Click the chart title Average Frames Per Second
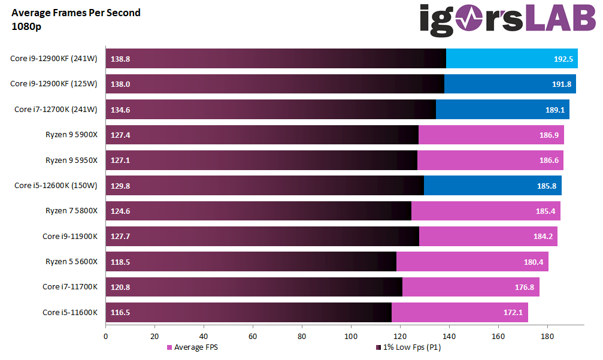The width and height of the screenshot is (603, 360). (x=76, y=13)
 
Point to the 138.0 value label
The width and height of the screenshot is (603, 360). (x=120, y=84)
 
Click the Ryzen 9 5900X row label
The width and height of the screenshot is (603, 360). (x=71, y=135)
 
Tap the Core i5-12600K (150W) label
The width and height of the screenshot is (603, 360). (x=56, y=186)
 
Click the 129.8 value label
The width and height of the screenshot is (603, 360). (x=120, y=186)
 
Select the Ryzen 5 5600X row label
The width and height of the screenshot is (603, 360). (x=71, y=262)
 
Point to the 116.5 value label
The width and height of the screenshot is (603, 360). (x=120, y=312)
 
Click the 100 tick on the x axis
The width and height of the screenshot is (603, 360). (x=351, y=336)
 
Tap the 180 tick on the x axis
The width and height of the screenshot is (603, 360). (x=547, y=336)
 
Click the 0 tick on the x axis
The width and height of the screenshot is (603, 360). (x=106, y=336)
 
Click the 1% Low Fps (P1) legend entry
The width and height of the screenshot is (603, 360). (x=411, y=347)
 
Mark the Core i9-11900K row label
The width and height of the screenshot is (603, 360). (x=69, y=236)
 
